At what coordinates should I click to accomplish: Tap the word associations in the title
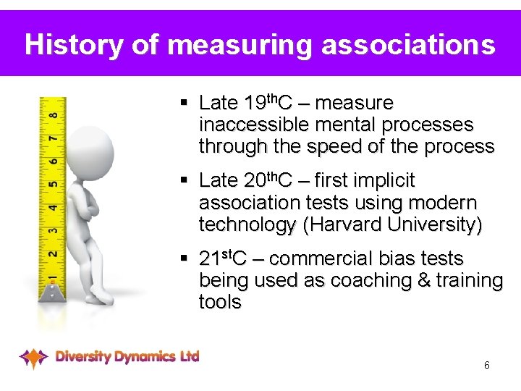click(409, 44)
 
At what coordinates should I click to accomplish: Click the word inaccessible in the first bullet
click(244, 125)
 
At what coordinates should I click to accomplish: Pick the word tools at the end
click(220, 302)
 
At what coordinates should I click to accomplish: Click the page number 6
click(487, 365)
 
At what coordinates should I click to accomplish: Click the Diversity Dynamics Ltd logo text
click(127, 356)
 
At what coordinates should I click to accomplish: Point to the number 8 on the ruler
click(53, 114)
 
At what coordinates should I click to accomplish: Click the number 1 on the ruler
click(51, 279)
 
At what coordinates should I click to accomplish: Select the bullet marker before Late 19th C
click(186, 103)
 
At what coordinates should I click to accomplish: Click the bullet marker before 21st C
click(186, 258)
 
